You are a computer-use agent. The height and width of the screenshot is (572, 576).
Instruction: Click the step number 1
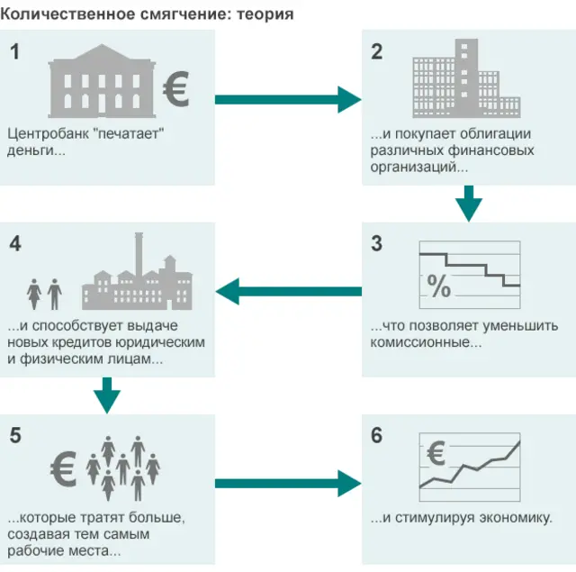[14, 52]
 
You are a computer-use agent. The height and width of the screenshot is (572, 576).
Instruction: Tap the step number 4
[14, 243]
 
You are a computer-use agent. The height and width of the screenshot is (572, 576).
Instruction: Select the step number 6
[376, 436]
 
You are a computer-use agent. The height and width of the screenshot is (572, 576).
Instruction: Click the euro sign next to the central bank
[176, 91]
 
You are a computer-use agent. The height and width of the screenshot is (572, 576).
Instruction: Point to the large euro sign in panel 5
[63, 469]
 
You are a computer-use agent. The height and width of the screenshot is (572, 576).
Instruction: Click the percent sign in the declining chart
[438, 287]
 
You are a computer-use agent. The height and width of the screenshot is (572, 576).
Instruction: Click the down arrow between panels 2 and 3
[468, 204]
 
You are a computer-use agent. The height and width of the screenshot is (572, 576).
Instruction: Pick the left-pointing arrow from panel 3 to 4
[288, 291]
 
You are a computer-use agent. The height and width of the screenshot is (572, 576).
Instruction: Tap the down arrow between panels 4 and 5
[107, 395]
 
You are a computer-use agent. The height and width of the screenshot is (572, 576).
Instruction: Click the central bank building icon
[102, 86]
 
